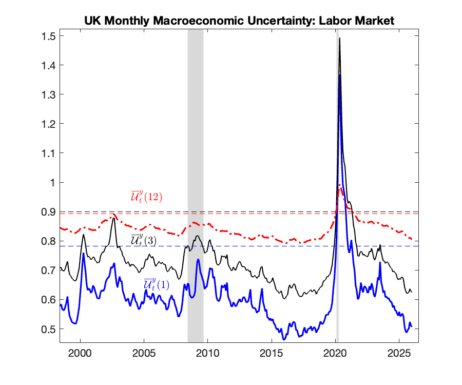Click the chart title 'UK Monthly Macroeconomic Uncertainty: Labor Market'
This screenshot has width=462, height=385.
[x=239, y=21]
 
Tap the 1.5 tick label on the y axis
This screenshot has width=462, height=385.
[x=49, y=36]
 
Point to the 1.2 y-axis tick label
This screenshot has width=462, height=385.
[x=49, y=124]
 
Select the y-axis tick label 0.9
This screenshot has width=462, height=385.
[x=49, y=212]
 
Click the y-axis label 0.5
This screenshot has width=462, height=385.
[x=49, y=329]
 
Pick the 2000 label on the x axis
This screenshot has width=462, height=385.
[x=80, y=353]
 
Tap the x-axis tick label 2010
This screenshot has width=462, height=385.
[x=207, y=353]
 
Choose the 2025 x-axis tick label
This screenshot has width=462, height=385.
[x=399, y=353]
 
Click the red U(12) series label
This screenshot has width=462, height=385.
[x=146, y=196]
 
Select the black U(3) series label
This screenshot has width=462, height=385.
[x=144, y=240]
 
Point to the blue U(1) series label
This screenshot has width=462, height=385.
[x=157, y=284]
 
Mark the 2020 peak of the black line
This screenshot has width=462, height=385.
[x=340, y=38]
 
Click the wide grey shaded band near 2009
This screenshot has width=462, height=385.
[x=196, y=186]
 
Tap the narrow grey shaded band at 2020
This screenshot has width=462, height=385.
[x=337, y=186]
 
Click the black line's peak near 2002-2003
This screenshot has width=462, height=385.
[x=113, y=218]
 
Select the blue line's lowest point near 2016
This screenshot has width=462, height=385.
[x=284, y=339]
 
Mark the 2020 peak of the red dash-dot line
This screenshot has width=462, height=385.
[x=340, y=185]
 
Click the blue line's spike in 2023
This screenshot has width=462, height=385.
[x=380, y=262]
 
